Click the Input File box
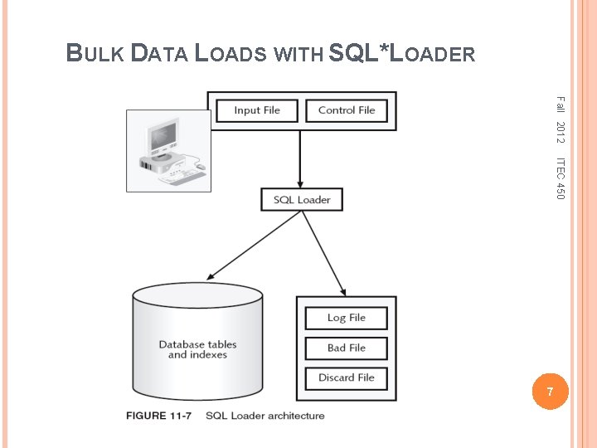click(x=257, y=110)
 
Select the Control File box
click(x=347, y=110)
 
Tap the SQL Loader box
click(x=302, y=200)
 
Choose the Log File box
click(x=347, y=318)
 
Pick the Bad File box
click(x=347, y=348)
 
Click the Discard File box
click(x=347, y=377)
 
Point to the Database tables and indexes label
click(x=197, y=349)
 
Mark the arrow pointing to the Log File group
click(x=326, y=249)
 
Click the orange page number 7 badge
click(x=547, y=390)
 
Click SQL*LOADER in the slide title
click(x=402, y=54)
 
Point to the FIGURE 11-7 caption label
click(x=158, y=416)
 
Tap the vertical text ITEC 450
click(x=560, y=178)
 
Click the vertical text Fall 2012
click(x=560, y=118)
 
